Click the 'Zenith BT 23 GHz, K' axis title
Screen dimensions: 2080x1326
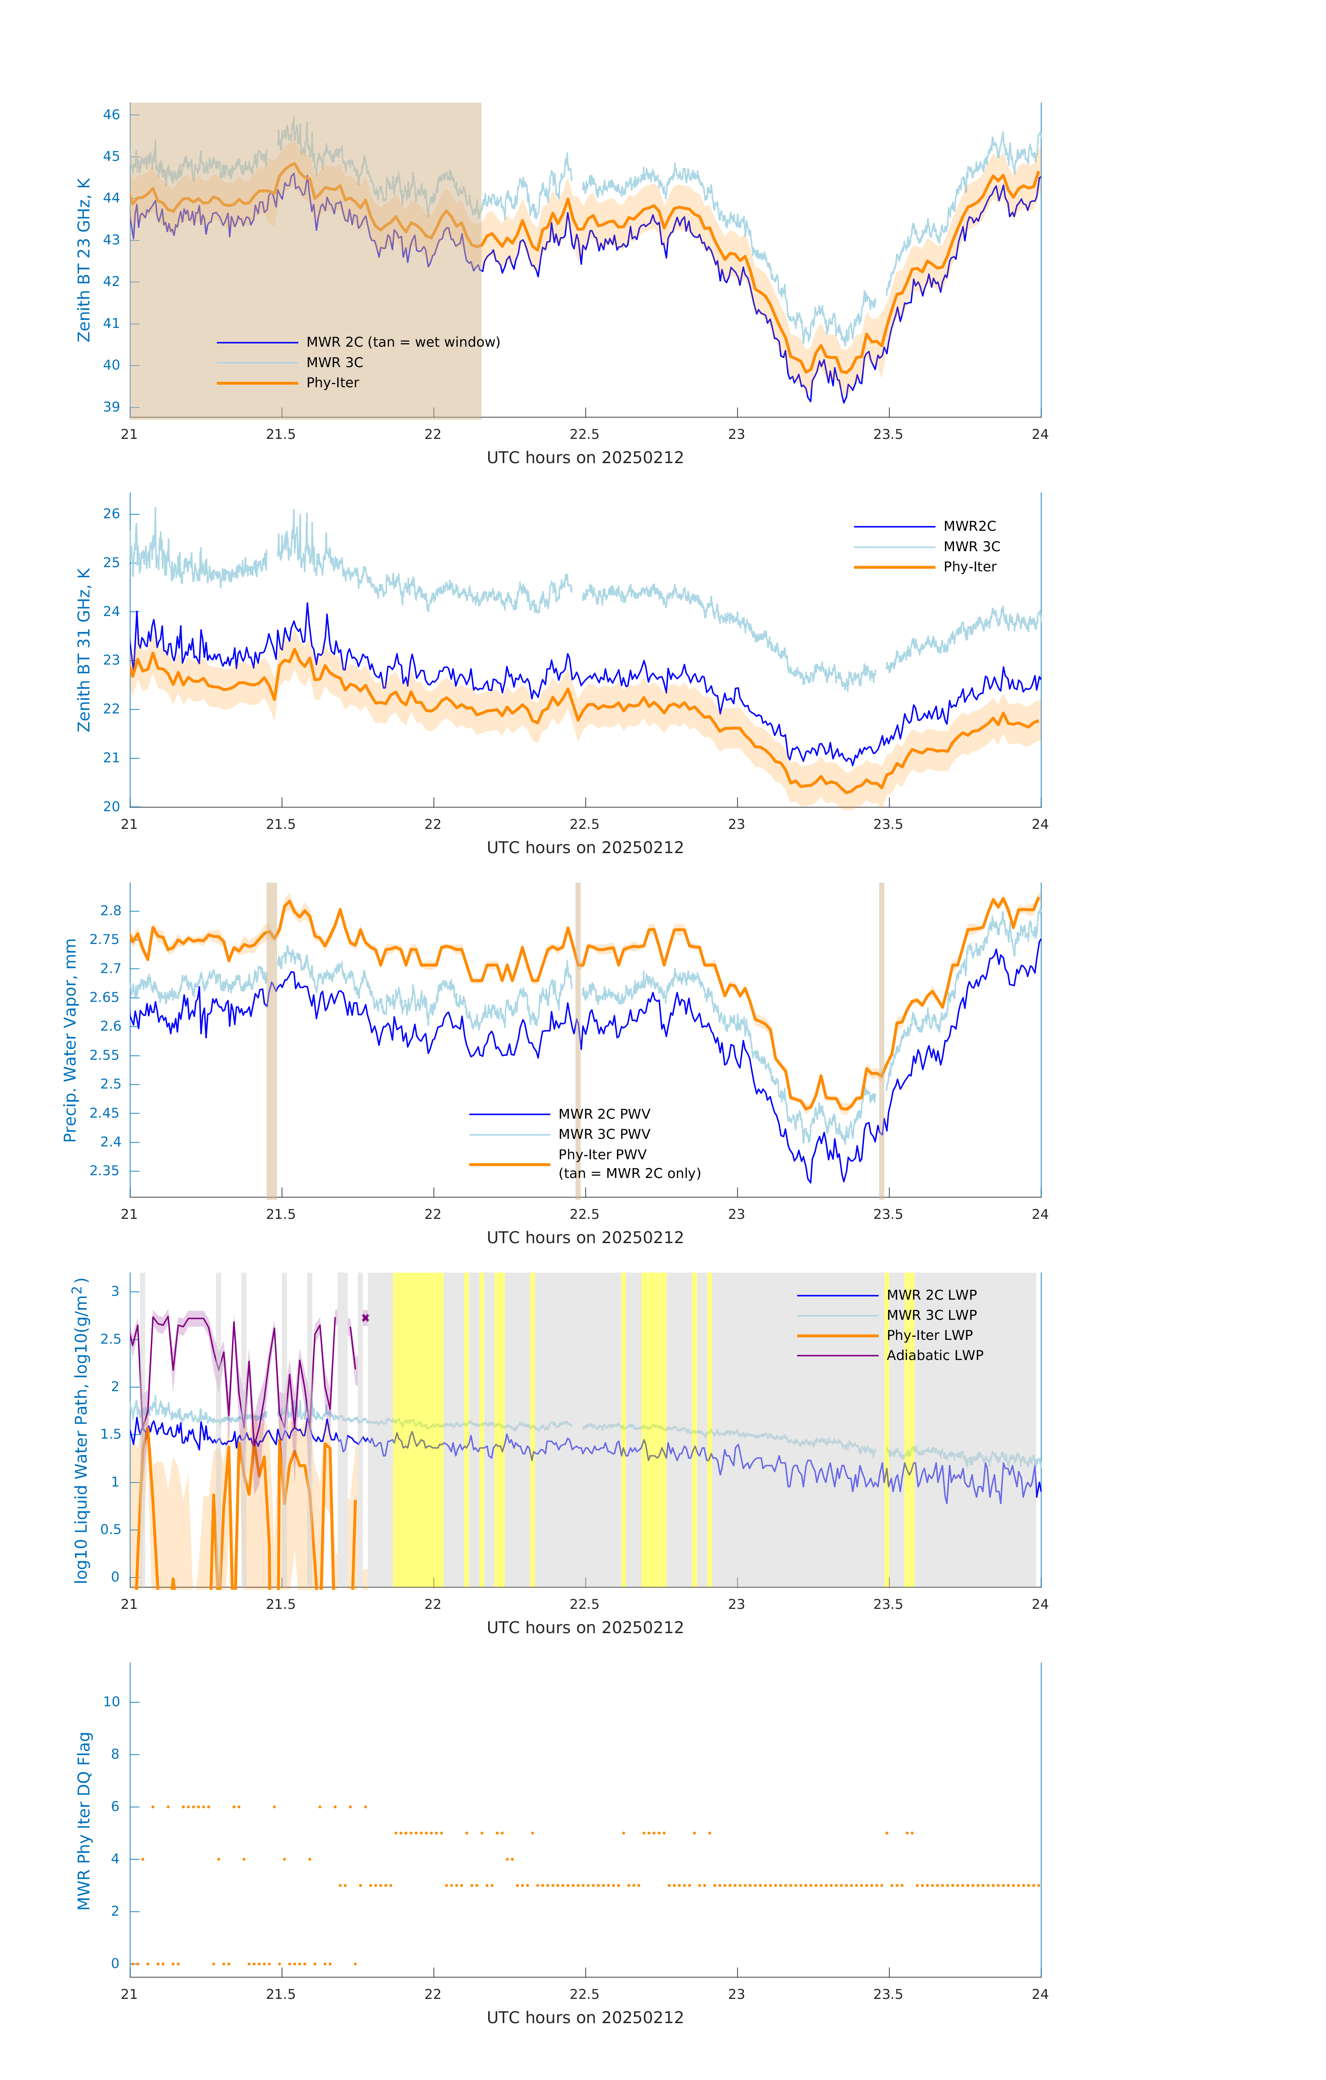coord(84,260)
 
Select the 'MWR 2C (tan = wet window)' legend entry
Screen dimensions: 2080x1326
coord(402,342)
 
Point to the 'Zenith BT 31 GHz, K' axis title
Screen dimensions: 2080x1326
coord(84,650)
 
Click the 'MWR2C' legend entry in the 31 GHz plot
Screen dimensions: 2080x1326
coord(969,526)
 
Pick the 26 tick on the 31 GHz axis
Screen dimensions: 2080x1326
coord(111,514)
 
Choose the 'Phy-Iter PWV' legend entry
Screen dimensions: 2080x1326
coord(602,1155)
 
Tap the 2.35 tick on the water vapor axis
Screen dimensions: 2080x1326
coord(105,1171)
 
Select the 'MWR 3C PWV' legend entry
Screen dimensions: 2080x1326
coord(604,1134)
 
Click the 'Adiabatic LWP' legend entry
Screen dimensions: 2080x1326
coord(935,1355)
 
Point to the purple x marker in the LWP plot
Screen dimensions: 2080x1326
coord(365,1318)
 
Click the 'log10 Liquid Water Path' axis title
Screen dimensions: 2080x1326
coord(80,1430)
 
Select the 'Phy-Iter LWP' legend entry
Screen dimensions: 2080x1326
coord(929,1335)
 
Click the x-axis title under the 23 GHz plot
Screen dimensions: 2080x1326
coord(585,458)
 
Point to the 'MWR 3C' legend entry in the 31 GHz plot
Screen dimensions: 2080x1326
coord(971,547)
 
